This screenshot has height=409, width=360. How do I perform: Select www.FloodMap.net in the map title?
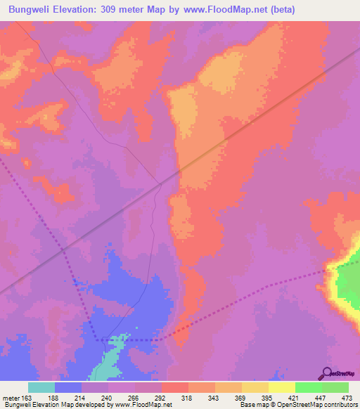tap(223, 10)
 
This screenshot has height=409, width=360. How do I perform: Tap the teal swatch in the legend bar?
tap(41, 387)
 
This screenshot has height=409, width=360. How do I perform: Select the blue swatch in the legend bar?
tap(68, 387)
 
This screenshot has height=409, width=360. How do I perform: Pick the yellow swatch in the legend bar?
tap(282, 387)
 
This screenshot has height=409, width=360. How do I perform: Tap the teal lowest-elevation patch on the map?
tap(108, 366)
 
